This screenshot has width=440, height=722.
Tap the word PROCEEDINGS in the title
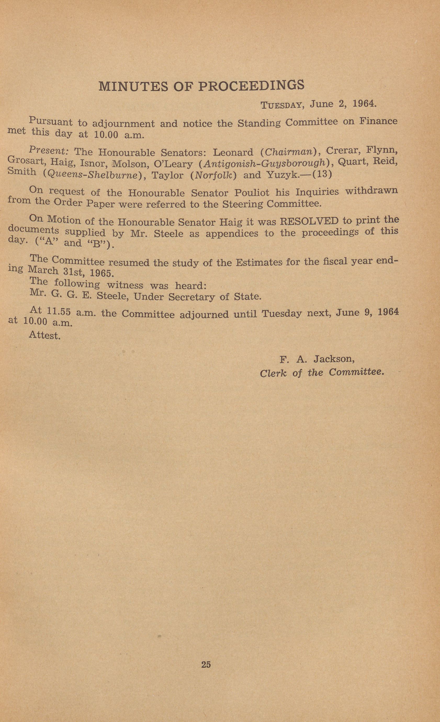pos(251,85)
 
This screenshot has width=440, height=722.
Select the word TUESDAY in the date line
pos(281,105)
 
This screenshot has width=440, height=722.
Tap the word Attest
pos(45,335)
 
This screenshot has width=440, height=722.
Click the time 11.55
pos(59,312)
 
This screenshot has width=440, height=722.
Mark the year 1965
pos(101,273)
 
